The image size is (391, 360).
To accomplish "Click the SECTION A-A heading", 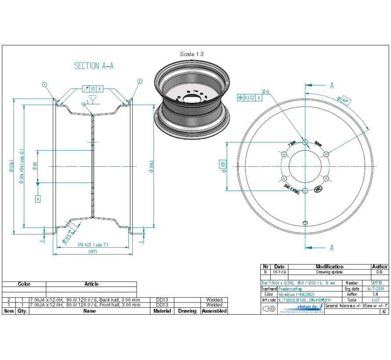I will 94,66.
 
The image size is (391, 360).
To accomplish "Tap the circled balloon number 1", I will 44,84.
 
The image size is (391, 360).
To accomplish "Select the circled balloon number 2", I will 139,81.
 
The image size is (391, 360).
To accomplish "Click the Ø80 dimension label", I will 35,166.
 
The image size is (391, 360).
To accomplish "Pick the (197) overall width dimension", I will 92,252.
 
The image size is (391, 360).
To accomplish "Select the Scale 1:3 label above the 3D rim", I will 192,54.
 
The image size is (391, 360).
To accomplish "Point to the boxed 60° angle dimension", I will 344,100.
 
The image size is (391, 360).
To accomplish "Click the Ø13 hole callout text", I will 266,92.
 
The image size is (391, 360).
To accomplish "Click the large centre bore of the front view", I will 305,166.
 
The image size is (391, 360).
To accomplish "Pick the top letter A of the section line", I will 332,85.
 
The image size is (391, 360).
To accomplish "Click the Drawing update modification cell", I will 329,272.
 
